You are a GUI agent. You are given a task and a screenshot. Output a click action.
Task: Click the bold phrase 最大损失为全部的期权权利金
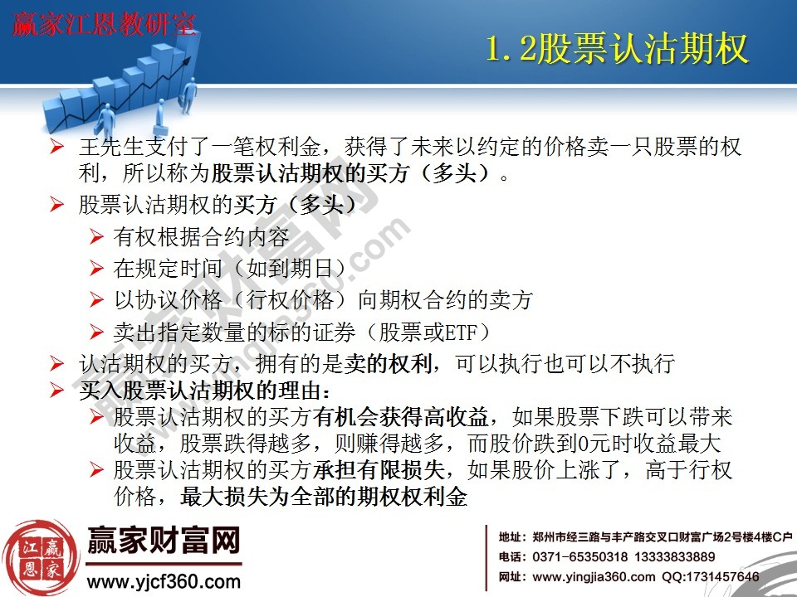tap(324, 498)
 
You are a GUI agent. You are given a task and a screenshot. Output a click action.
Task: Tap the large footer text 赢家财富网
tap(164, 541)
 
